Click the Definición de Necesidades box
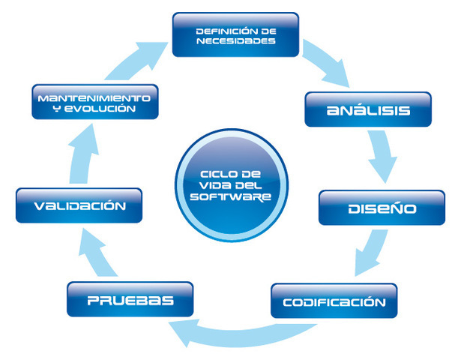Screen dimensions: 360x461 pyautogui.click(x=235, y=34)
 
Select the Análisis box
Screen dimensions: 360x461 pyautogui.click(x=368, y=109)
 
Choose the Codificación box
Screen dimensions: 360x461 pyautogui.click(x=334, y=301)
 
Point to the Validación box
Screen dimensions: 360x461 pyautogui.click(x=79, y=206)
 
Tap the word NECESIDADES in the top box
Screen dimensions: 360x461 pyautogui.click(x=235, y=41)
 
